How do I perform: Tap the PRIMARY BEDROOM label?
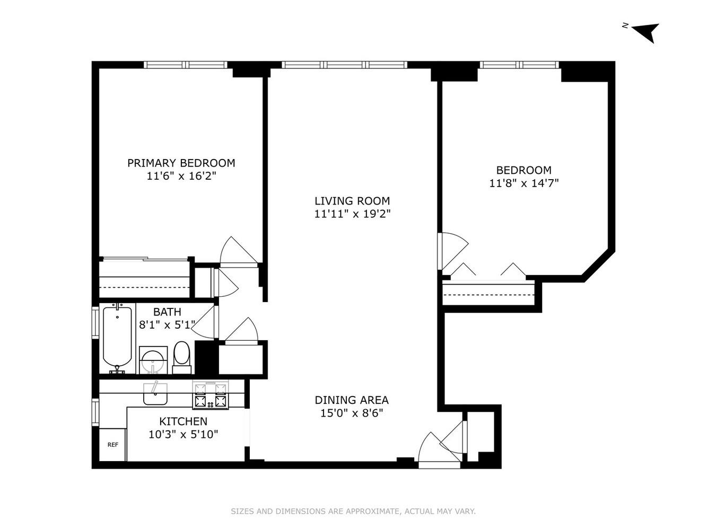(181, 163)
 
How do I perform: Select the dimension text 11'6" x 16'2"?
(181, 176)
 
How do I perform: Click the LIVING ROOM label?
(352, 201)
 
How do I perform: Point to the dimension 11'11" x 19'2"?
(352, 214)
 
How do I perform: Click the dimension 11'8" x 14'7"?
(523, 183)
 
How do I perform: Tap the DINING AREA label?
(352, 400)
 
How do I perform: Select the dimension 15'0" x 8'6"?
(352, 413)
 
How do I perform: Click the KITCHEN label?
(183, 421)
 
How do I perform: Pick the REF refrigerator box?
(112, 445)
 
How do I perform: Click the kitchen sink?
(155, 394)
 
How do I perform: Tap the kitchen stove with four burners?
(211, 395)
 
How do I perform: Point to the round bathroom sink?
(153, 361)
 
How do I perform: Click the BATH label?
(167, 312)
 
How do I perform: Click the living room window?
(344, 65)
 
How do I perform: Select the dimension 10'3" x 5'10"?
(183, 435)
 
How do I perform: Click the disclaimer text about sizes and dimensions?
(353, 511)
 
